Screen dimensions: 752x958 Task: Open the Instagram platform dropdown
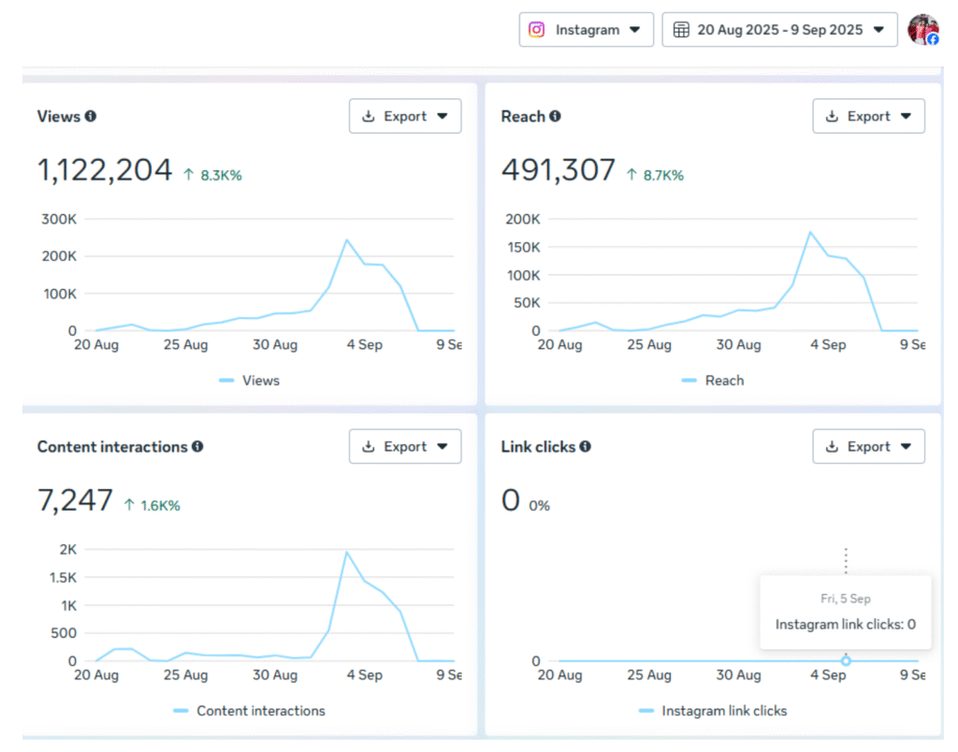pos(586,30)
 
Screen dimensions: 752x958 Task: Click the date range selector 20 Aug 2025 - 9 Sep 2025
pos(779,30)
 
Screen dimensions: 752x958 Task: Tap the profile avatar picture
pos(922,30)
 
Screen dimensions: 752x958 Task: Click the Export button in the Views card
pos(405,117)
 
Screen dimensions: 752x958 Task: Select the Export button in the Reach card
pos(868,117)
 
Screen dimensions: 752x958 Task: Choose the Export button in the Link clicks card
pos(868,447)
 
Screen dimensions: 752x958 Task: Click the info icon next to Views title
pos(91,117)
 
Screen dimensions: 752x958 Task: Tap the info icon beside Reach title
pos(555,117)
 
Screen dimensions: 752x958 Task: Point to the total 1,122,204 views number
pos(105,170)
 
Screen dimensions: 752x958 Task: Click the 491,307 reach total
pos(559,170)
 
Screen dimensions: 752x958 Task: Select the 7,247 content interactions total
pos(75,500)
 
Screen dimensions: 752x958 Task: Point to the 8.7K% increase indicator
pos(655,175)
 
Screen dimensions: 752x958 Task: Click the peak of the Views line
pos(346,239)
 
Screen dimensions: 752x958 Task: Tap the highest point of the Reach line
pos(810,232)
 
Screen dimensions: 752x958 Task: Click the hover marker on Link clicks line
pos(846,661)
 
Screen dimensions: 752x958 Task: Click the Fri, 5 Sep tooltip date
pos(845,599)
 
